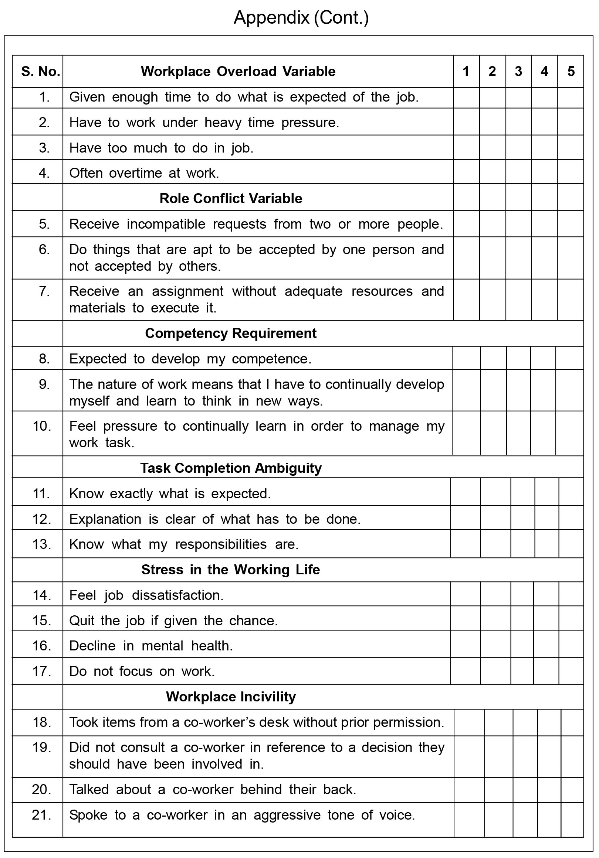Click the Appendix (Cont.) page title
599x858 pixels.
(x=301, y=18)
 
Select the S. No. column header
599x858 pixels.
(x=40, y=71)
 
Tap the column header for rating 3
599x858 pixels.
(x=518, y=71)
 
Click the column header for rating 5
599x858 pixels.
(x=571, y=71)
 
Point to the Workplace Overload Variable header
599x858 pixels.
(x=238, y=71)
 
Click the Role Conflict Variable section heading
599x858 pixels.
(x=230, y=198)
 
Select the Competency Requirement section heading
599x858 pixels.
(x=230, y=333)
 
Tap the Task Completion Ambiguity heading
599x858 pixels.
(x=230, y=468)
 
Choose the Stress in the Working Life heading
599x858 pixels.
(x=230, y=570)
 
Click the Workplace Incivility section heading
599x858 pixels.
(x=230, y=697)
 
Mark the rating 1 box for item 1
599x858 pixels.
(x=466, y=98)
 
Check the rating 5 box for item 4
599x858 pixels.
(x=570, y=172)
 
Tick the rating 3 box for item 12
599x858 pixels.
(x=522, y=517)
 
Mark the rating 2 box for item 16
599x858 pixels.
(x=495, y=644)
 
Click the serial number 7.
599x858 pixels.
(x=44, y=291)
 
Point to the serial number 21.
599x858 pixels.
(x=41, y=815)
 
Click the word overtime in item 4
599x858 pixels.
(x=135, y=173)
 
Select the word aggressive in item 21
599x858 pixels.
(x=287, y=815)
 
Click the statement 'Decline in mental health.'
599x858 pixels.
(x=151, y=646)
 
